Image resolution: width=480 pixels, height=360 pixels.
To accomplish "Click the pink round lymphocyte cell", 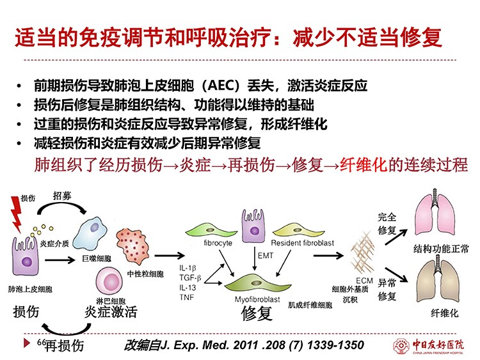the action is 109,281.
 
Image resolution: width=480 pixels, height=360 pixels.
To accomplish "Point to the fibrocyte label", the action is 218,243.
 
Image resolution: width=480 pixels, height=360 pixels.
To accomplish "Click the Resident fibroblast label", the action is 302,243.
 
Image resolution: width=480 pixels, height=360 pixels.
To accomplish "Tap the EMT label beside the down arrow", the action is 265,256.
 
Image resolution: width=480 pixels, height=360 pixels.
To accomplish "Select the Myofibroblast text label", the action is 257,299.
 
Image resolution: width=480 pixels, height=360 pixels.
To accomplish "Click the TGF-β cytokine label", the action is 190,278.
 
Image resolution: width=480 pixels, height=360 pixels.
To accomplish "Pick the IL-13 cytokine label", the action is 188,288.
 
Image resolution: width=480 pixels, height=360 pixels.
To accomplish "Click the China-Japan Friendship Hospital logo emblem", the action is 401,346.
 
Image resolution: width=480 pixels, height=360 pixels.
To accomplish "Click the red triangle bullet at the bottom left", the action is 27,343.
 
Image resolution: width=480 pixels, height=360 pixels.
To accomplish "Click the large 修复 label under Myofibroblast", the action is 257,313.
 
